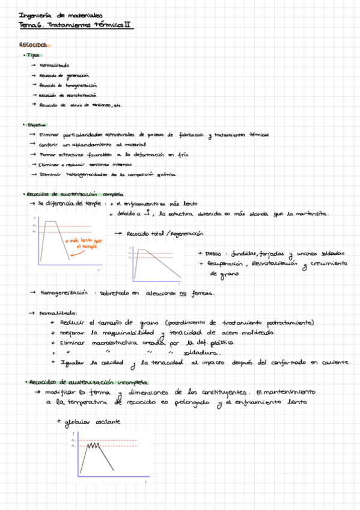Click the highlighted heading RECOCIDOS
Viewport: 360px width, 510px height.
pyautogui.click(x=29, y=45)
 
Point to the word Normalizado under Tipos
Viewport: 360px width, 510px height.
pyautogui.click(x=54, y=66)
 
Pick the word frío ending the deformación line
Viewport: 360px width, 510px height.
pyautogui.click(x=183, y=155)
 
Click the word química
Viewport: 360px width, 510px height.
pyautogui.click(x=165, y=174)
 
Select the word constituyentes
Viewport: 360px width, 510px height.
pyautogui.click(x=214, y=392)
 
